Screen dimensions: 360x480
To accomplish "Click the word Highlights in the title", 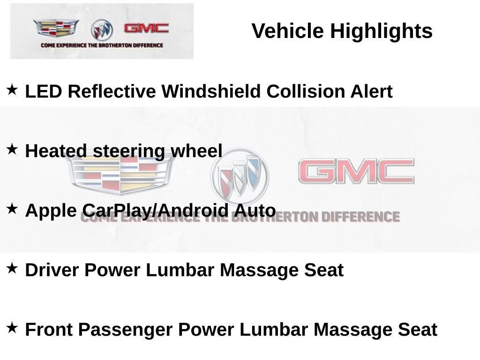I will pos(381,31).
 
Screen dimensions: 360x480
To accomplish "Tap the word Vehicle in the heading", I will pos(287,31).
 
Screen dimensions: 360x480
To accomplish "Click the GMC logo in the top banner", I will pos(146,28).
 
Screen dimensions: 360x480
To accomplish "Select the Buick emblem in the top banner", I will pos(102,30).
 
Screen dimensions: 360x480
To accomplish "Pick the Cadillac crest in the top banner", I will pos(56,28).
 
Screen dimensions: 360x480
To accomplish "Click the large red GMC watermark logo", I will pos(356,171).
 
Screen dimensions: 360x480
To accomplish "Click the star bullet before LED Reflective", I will pos(12,90).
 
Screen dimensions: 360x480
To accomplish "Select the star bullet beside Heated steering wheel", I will pos(12,150).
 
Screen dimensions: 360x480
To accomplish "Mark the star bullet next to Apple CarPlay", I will pos(12,209).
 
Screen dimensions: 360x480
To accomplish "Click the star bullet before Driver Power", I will pos(12,269).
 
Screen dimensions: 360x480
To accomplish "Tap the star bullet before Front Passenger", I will pos(12,328).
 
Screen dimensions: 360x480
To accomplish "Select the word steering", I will pos(129,151).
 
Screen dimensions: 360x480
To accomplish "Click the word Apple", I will pos(51,211).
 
